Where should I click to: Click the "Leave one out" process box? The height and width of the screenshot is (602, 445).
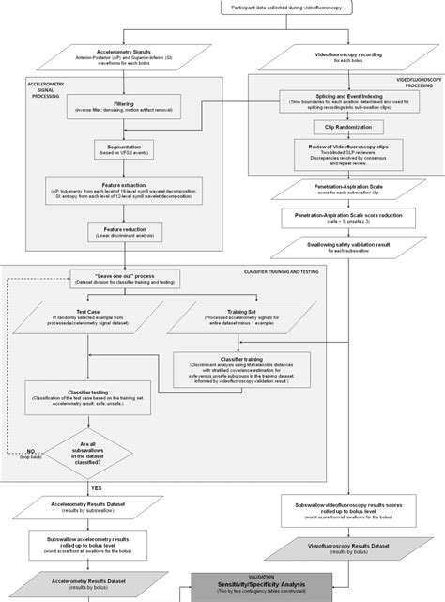click(x=122, y=278)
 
